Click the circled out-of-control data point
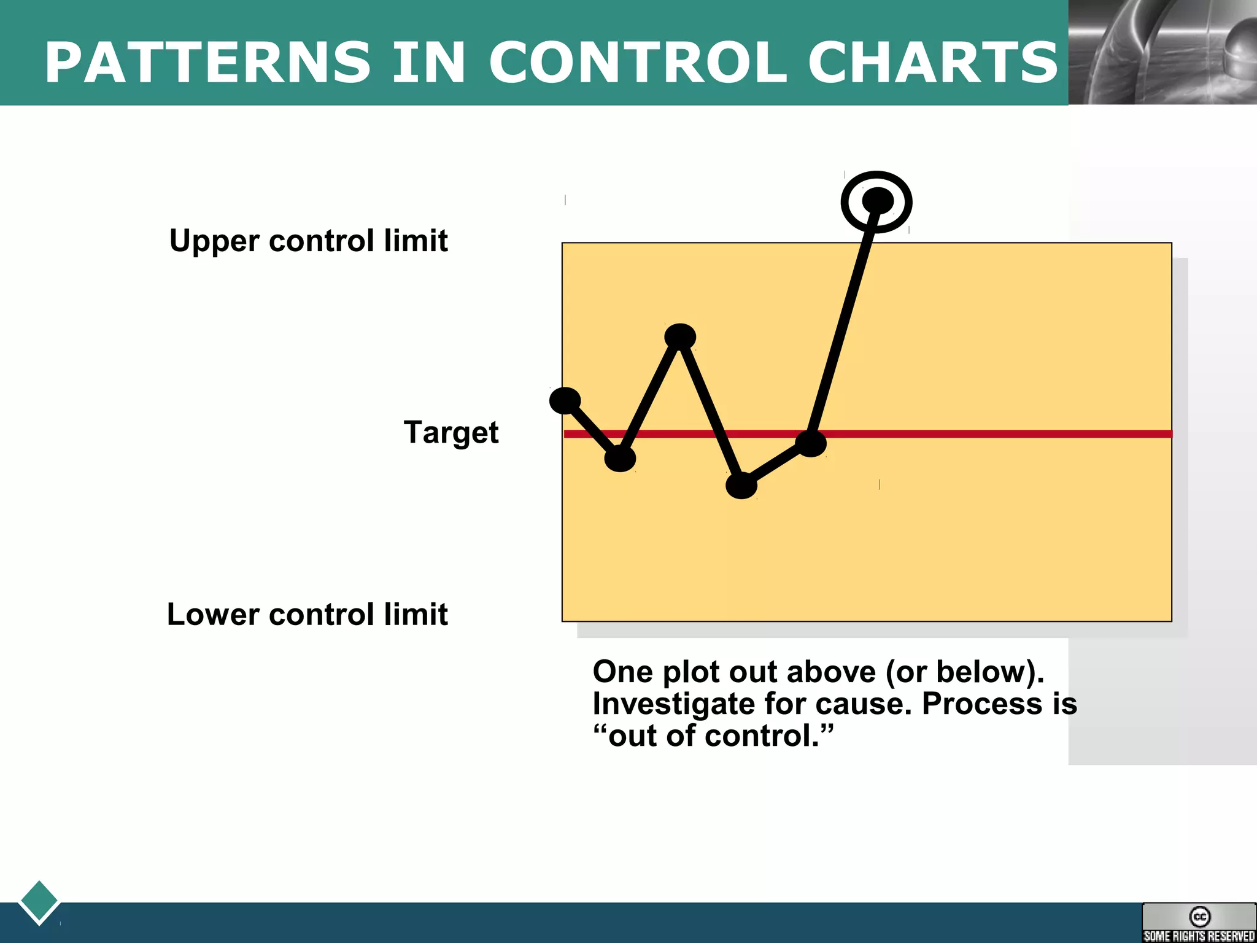[x=877, y=201]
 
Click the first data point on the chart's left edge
[x=565, y=401]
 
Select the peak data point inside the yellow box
[x=680, y=336]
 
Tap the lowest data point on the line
[x=741, y=486]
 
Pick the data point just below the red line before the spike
[x=811, y=443]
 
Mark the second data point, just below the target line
[x=620, y=458]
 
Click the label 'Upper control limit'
[x=309, y=241]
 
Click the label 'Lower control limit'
[x=307, y=615]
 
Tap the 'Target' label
[x=451, y=432]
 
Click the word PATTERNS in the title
[x=208, y=63]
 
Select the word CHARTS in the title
[x=933, y=63]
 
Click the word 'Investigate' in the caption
[x=673, y=704]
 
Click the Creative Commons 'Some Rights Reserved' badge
[x=1199, y=923]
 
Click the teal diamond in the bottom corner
[x=39, y=901]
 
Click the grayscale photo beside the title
[x=1162, y=52]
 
